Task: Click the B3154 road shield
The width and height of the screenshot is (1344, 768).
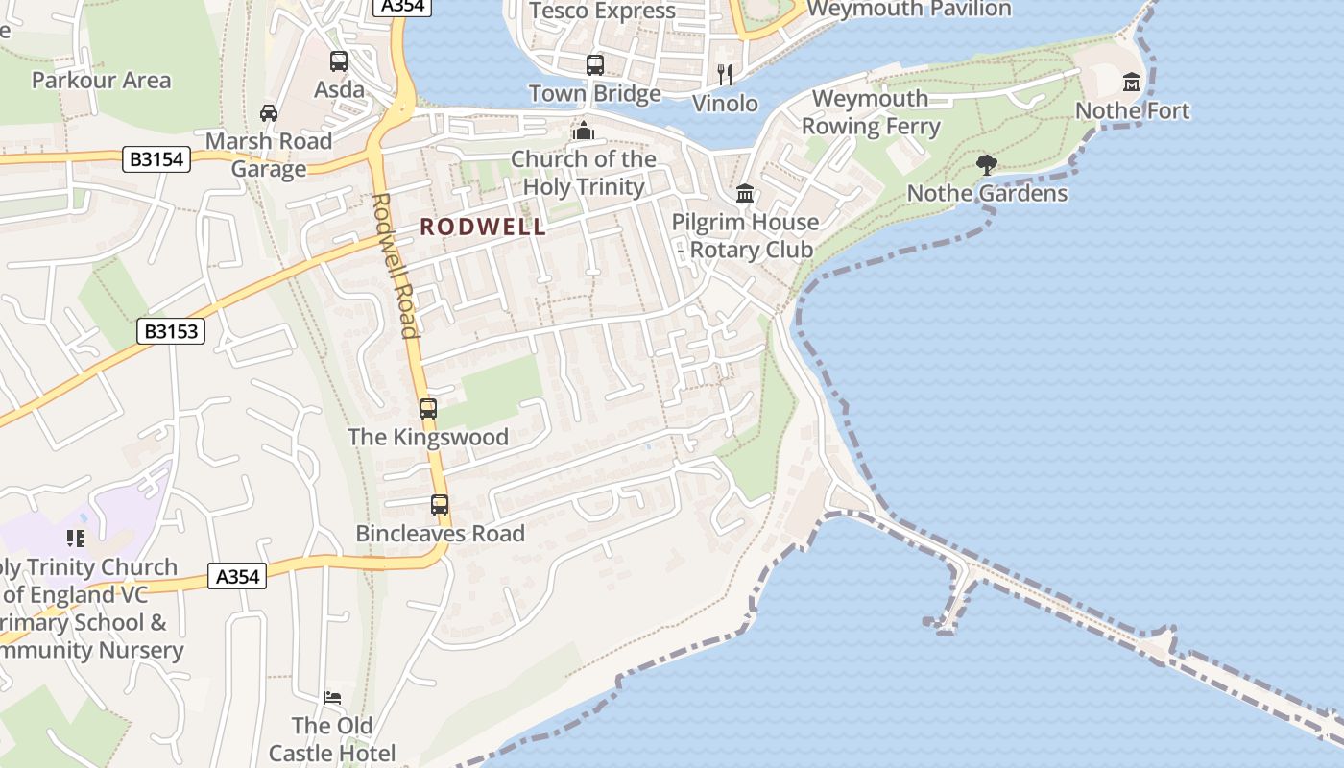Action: tap(156, 159)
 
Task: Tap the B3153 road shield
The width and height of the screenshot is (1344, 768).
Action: tap(172, 332)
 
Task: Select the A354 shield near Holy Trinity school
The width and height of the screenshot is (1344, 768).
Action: tap(237, 577)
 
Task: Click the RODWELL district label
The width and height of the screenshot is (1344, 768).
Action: tap(483, 228)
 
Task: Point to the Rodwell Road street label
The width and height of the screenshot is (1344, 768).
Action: tap(396, 266)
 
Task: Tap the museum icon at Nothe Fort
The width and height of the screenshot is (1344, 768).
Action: tap(1132, 83)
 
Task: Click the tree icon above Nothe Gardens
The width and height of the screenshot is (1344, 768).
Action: tap(986, 165)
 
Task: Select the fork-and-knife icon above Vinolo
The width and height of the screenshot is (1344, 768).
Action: tap(725, 74)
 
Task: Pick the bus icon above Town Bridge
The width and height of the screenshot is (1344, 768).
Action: tap(595, 65)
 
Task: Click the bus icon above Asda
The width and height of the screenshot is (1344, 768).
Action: tap(339, 61)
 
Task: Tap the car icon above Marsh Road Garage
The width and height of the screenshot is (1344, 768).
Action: tap(269, 113)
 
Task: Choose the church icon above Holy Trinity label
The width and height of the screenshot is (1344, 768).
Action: tap(583, 131)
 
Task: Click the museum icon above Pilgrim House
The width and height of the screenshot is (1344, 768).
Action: tap(745, 194)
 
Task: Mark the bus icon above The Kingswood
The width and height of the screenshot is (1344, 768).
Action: tap(428, 409)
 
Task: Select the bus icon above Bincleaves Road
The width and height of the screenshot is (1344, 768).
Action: tap(440, 505)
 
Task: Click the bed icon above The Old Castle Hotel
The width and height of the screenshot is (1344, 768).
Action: tap(332, 698)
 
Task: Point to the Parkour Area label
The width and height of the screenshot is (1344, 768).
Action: tap(101, 80)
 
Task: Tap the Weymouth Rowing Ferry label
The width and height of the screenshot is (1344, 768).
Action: tap(871, 112)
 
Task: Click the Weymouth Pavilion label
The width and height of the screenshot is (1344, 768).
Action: tap(909, 10)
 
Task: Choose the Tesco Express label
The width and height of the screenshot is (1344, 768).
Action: tap(602, 12)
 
